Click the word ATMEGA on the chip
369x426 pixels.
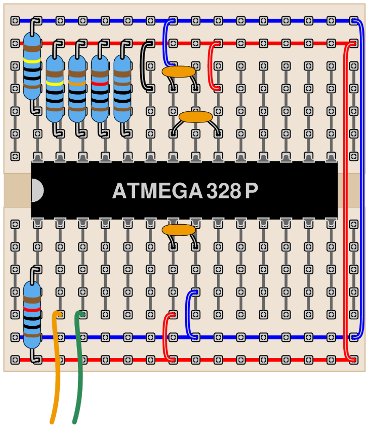(x=157, y=190)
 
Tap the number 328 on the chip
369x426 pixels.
(x=224, y=190)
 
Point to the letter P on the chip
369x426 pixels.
(x=251, y=190)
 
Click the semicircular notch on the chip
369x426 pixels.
(x=37, y=190)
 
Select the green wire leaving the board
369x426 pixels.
(x=79, y=367)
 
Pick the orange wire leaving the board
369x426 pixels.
(x=56, y=367)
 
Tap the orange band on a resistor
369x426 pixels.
(x=77, y=83)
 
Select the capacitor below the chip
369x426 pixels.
(x=179, y=230)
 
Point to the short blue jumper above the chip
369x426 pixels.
(x=165, y=43)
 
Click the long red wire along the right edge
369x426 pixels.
(x=345, y=201)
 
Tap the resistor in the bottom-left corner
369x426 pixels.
(x=32, y=315)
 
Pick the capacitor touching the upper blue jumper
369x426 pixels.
(x=179, y=72)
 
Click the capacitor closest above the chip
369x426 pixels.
(x=195, y=117)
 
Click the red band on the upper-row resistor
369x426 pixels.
(x=100, y=83)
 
